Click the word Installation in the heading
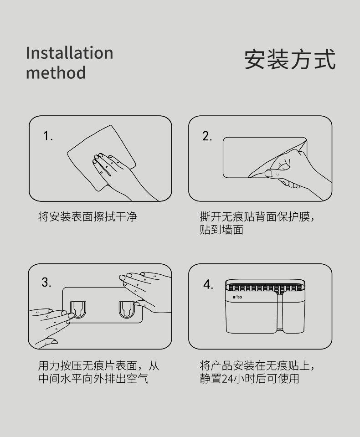point(69,53)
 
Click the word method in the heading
point(56,72)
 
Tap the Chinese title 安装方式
point(290,59)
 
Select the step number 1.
point(48,136)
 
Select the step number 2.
point(207,136)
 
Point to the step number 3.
point(46,283)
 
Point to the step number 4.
point(208,284)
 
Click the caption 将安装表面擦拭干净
point(87,216)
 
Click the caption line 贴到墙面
point(221,230)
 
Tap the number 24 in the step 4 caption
point(228,379)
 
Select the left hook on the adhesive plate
point(78,309)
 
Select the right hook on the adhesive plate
point(127,309)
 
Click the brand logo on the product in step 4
point(237,297)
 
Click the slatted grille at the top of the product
point(265,288)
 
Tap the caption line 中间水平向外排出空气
point(93,379)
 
